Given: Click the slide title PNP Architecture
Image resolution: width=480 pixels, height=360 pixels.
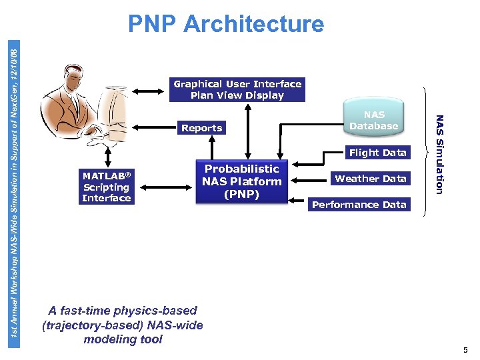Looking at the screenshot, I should [226, 24].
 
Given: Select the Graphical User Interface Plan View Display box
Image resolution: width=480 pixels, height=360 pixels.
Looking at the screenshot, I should [237, 90].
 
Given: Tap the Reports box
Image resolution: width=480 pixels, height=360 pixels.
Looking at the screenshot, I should [201, 128].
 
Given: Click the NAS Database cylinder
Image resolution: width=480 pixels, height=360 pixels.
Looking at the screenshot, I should [373, 120].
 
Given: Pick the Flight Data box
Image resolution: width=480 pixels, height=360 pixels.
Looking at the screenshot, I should [377, 153].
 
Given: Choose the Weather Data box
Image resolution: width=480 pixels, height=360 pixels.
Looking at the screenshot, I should [370, 179].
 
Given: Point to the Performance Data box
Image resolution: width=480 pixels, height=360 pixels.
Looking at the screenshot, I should [359, 205].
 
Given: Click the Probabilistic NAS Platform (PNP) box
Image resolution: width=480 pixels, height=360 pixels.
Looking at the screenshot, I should [241, 181].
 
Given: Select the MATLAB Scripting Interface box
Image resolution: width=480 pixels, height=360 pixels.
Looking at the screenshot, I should [106, 187].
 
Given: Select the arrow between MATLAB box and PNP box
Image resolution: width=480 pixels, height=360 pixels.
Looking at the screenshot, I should [166, 181].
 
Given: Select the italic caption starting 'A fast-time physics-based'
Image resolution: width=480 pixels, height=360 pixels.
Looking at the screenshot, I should [123, 325].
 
